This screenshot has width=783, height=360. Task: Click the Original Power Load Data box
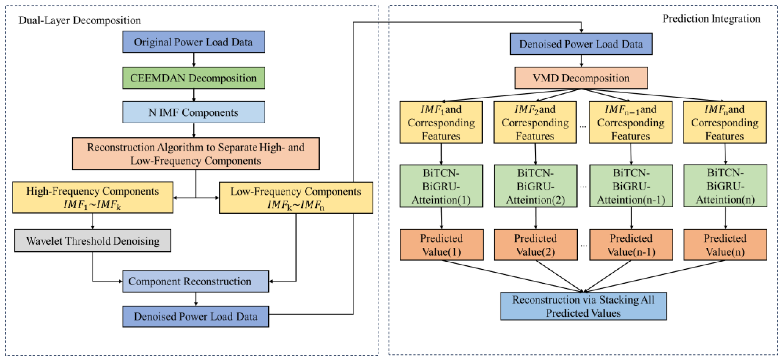[x=194, y=42]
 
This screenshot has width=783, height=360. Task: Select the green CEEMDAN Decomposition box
[x=194, y=78]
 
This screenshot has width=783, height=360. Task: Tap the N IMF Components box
[x=194, y=112]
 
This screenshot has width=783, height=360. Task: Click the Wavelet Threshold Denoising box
[x=93, y=241]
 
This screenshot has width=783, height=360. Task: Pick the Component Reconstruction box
[x=196, y=281]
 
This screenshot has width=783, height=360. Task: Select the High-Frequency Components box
[x=93, y=197]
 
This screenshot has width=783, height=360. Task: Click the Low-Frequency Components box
[x=296, y=198]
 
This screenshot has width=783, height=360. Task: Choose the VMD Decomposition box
[x=581, y=78]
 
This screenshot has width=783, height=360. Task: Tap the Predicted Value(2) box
[x=535, y=245]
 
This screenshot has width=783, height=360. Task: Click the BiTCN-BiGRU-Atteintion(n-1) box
[x=631, y=186]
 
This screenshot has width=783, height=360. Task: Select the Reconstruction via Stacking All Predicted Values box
[x=583, y=306]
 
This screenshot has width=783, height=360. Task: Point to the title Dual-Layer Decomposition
[x=80, y=20]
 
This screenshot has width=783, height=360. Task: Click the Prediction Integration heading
[x=711, y=19]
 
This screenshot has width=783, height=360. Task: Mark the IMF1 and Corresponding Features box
[x=441, y=122]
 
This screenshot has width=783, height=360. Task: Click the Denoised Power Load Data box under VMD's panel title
[x=581, y=44]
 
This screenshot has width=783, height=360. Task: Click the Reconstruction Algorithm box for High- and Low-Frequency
[x=196, y=154]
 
